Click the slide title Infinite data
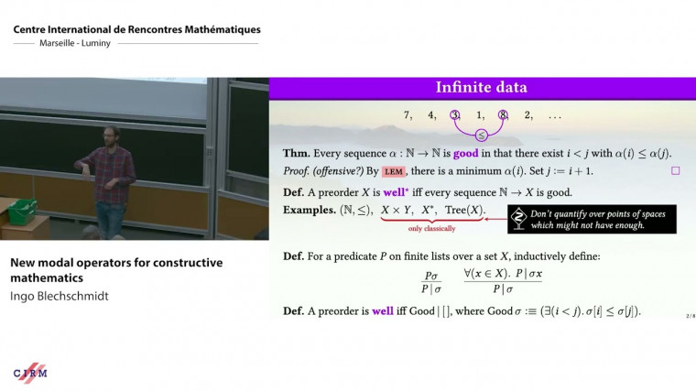481,89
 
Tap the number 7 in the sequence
408,115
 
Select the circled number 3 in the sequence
456,115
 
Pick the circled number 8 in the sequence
503,115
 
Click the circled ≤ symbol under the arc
479,135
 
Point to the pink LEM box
394,171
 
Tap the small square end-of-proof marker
676,170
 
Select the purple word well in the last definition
383,311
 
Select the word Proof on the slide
299,171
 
